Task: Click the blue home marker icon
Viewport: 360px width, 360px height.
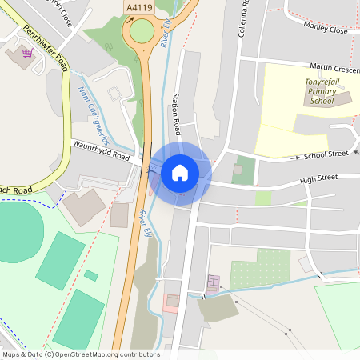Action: tap(180, 173)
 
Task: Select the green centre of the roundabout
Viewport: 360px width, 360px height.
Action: tap(142, 32)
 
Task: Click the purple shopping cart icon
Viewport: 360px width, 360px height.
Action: tap(28, 53)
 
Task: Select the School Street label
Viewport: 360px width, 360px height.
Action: tap(325, 154)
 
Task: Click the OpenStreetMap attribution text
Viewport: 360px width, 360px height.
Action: tap(80, 354)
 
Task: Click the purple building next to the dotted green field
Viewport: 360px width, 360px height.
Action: tap(213, 283)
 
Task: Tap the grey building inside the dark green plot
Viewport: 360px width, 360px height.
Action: tap(237, 170)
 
